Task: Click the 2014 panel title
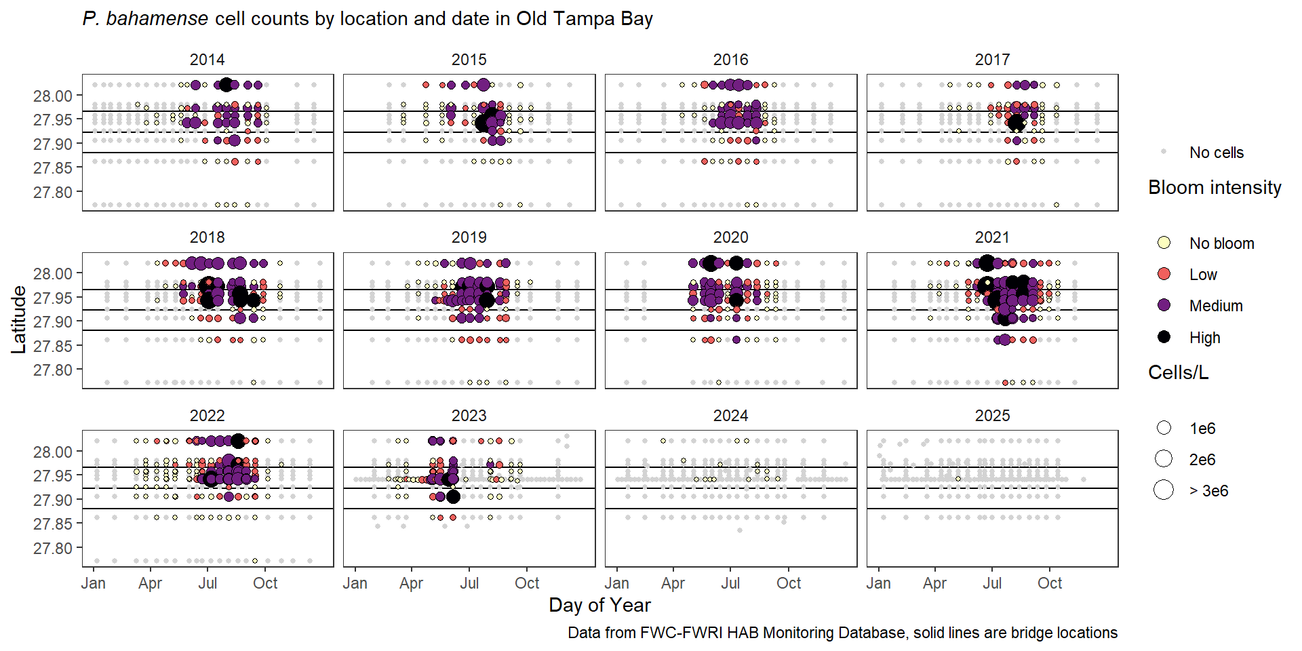(x=207, y=60)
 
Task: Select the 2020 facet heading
(x=730, y=237)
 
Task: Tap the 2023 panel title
(x=469, y=416)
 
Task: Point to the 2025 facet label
(x=992, y=416)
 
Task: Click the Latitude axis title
(x=18, y=319)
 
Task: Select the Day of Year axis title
(x=599, y=605)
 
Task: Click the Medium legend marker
(x=1164, y=305)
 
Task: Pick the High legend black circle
(x=1164, y=337)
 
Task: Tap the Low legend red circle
(x=1164, y=274)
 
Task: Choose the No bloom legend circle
(x=1164, y=243)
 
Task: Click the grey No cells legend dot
(x=1164, y=152)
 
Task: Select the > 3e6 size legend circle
(x=1164, y=490)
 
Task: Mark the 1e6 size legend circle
(x=1164, y=428)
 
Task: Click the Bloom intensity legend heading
(x=1215, y=188)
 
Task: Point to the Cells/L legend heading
(x=1178, y=373)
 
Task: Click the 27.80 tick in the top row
(x=52, y=193)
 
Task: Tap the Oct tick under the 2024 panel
(x=789, y=583)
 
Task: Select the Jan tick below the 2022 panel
(x=94, y=583)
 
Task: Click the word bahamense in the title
(x=157, y=19)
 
